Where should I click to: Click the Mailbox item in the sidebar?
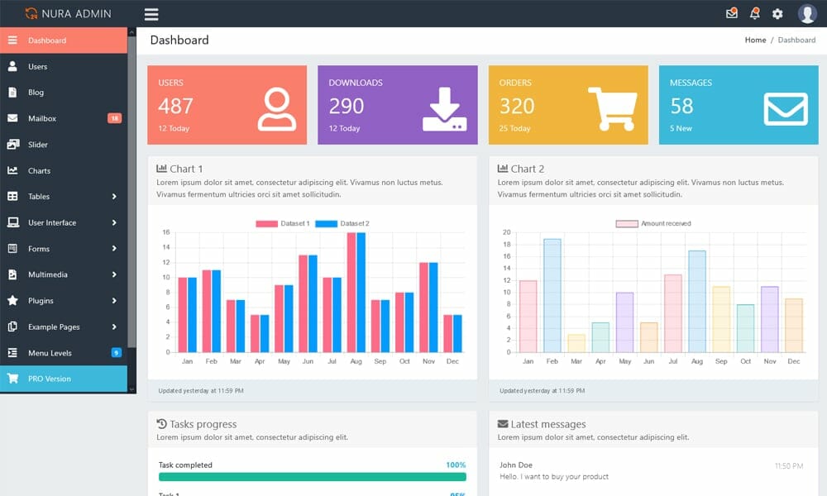click(x=42, y=118)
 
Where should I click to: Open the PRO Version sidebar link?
click(x=50, y=379)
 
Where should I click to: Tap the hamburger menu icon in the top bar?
click(x=151, y=14)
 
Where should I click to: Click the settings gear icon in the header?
click(x=777, y=14)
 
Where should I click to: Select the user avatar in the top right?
click(x=807, y=13)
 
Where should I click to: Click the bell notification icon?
click(x=754, y=13)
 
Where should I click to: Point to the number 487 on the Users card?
click(x=175, y=106)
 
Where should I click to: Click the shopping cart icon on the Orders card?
click(x=612, y=108)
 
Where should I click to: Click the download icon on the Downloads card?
click(x=444, y=109)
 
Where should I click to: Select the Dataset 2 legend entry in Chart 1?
click(x=342, y=224)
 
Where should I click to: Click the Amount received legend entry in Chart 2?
click(x=653, y=224)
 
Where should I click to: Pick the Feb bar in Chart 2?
click(x=552, y=295)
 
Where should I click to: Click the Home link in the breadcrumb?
click(x=755, y=40)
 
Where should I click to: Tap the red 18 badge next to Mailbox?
click(x=114, y=118)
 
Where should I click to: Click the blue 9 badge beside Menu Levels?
click(x=117, y=353)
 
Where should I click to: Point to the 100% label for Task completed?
click(x=456, y=465)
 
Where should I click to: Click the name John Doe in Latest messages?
click(x=516, y=465)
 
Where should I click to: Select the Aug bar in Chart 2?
click(x=697, y=301)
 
